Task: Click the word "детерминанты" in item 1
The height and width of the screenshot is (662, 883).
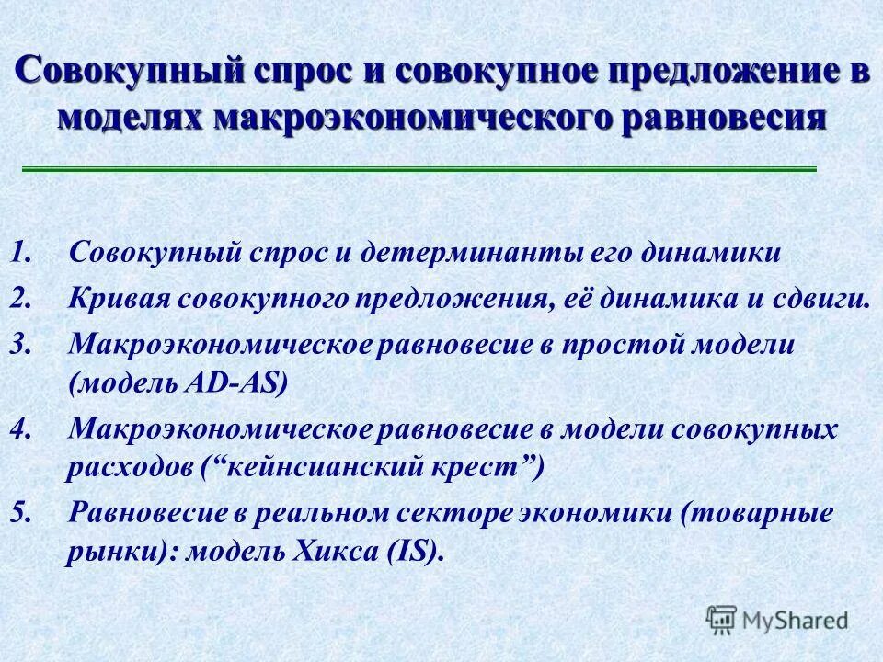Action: click(x=448, y=252)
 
